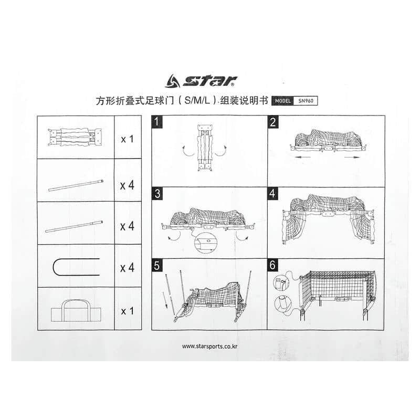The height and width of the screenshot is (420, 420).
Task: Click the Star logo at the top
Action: (x=201, y=81)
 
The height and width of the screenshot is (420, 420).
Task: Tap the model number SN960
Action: (x=306, y=101)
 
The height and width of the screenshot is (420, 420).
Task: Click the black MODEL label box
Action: (x=282, y=101)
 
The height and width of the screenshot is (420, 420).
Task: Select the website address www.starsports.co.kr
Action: (x=209, y=346)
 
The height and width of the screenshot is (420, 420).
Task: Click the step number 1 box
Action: (x=157, y=122)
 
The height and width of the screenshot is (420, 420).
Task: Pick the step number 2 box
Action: (x=273, y=122)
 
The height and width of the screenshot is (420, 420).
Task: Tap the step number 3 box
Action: (x=157, y=193)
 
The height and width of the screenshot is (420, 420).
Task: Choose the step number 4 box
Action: (x=272, y=193)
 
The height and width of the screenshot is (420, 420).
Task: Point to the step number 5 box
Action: (x=157, y=266)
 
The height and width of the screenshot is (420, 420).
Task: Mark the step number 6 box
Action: (x=272, y=265)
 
